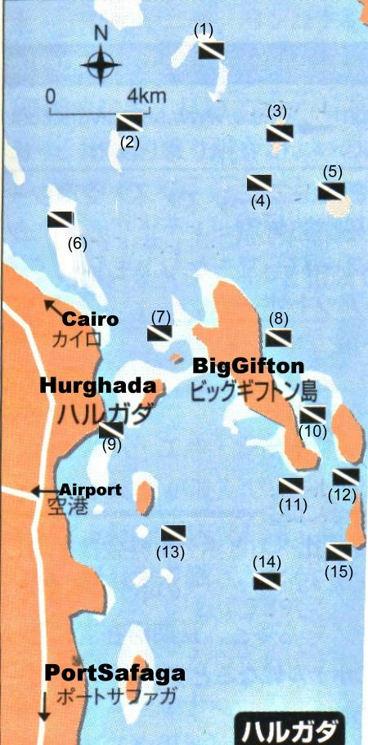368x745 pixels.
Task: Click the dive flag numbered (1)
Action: tap(211, 51)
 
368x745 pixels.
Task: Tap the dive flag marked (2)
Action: tap(130, 123)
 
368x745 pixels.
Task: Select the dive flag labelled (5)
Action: tap(330, 191)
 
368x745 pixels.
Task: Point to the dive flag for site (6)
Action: tap(61, 219)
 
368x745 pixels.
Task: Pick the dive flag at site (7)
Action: tap(159, 332)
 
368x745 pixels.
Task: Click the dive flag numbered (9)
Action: tap(110, 430)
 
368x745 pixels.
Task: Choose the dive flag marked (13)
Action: tap(173, 533)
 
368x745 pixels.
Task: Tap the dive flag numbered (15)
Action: tap(339, 551)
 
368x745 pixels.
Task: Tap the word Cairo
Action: tap(91, 319)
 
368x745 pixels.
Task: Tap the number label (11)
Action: tap(293, 504)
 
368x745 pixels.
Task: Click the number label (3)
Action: tap(277, 111)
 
